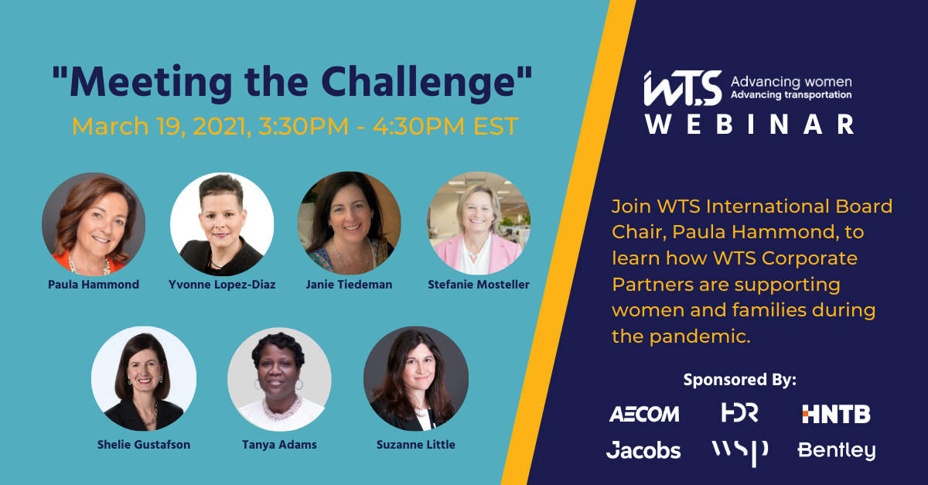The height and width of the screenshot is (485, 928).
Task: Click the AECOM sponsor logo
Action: (x=644, y=414)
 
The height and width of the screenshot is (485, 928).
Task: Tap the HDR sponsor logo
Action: (x=739, y=412)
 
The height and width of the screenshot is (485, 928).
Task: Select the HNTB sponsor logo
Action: (x=836, y=414)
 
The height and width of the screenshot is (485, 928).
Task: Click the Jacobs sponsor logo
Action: (x=643, y=450)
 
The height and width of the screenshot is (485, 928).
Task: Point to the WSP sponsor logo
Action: (x=740, y=453)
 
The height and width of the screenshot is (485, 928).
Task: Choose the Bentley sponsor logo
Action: (x=837, y=451)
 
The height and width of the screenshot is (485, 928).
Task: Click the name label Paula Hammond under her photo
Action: (x=94, y=285)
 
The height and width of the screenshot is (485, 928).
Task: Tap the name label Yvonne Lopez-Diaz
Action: (x=222, y=285)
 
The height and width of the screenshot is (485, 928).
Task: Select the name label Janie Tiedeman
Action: (x=349, y=285)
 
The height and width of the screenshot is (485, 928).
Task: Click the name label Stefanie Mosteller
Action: (x=479, y=285)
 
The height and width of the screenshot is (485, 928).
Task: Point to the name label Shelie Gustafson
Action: (x=144, y=444)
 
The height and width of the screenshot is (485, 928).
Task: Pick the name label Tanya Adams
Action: (x=279, y=445)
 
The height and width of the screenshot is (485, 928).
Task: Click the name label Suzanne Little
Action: (x=415, y=444)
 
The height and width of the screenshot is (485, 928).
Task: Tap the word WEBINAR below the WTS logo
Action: (x=749, y=124)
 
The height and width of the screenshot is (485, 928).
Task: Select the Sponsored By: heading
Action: (x=739, y=380)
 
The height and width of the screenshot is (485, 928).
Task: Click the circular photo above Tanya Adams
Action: (x=279, y=379)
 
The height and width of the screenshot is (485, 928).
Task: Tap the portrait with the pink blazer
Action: (x=479, y=223)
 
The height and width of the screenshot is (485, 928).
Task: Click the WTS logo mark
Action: (x=682, y=88)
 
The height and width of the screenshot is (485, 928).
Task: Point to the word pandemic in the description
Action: (x=700, y=336)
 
